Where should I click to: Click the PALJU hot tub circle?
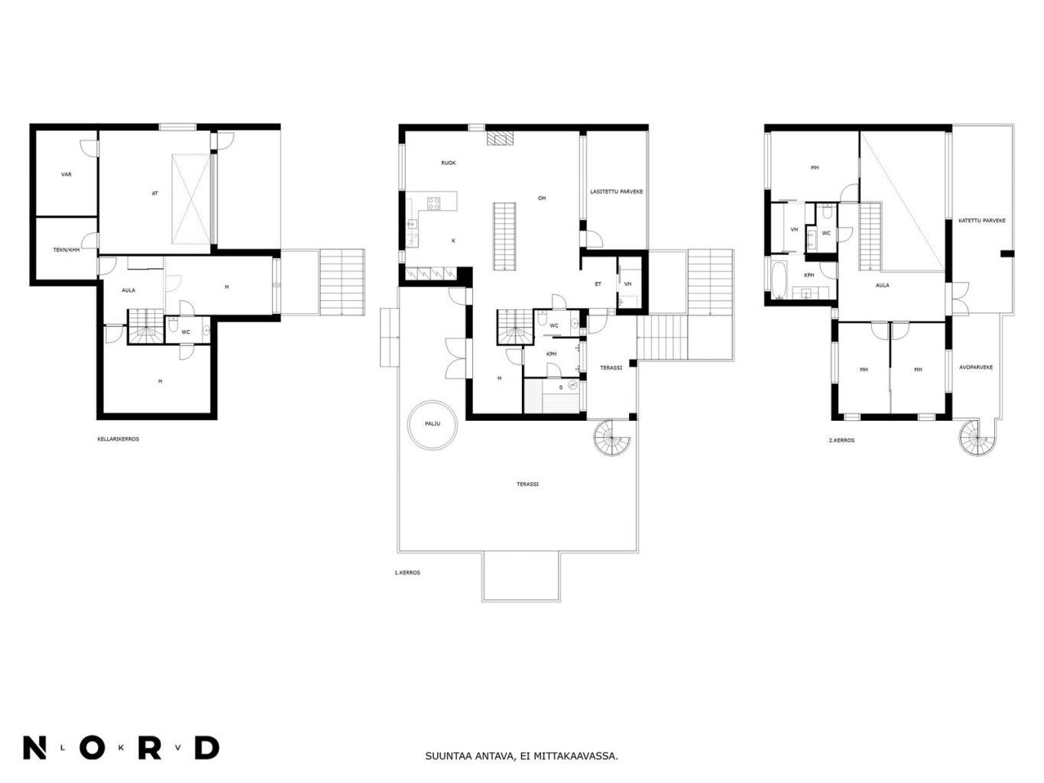410,425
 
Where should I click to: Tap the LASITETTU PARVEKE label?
616,192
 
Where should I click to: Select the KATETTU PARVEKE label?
981,221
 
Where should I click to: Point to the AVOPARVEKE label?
975,367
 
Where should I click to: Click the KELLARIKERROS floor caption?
118,438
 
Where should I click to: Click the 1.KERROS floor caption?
407,573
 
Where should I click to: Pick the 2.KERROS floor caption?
841,440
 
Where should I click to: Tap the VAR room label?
66,174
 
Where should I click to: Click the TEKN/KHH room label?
66,250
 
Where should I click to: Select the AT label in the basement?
154,193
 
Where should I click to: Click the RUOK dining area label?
448,163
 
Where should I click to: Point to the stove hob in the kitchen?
433,203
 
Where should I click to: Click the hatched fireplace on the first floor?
501,138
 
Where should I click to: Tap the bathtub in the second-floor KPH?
778,281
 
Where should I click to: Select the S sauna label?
561,387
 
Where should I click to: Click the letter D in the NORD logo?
207,748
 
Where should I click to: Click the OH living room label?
542,199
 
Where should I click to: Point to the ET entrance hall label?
598,284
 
